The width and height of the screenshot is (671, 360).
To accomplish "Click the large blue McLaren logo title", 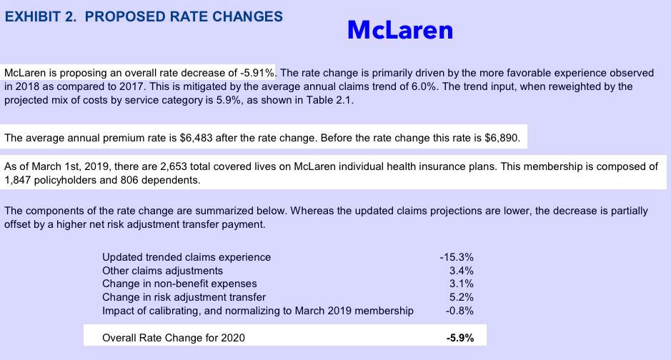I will pyautogui.click(x=400, y=29).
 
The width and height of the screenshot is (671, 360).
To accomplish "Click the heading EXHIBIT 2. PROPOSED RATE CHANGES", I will pyautogui.click(x=143, y=16).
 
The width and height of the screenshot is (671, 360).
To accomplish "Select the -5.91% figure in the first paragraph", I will pyautogui.click(x=257, y=73).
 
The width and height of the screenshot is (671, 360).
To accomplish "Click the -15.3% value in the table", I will pyautogui.click(x=457, y=256).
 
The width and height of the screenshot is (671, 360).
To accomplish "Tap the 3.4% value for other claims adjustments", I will pyautogui.click(x=461, y=271).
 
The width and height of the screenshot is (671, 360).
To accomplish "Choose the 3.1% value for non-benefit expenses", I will pyautogui.click(x=461, y=284).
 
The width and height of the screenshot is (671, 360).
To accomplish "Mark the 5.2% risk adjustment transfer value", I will pyautogui.click(x=461, y=297).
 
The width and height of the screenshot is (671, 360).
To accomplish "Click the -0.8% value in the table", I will pyautogui.click(x=459, y=311).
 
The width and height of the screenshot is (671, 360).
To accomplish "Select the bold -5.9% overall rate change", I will pyautogui.click(x=459, y=337).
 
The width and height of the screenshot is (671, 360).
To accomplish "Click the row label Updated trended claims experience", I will pyautogui.click(x=187, y=256).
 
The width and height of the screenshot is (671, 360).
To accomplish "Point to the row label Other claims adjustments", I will pyautogui.click(x=162, y=271).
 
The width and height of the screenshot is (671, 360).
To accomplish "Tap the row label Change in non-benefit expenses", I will pyautogui.click(x=179, y=284).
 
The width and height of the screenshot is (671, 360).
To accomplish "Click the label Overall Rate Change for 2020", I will pyautogui.click(x=174, y=337).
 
